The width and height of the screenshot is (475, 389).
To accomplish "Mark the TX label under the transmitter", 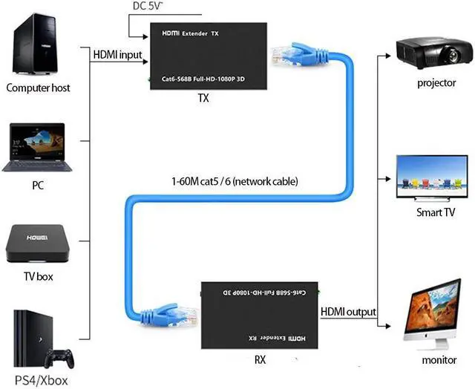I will point(203,97).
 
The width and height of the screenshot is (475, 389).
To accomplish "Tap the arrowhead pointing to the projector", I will point(389,55).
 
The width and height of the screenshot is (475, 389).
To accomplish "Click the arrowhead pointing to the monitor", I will point(389,325).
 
